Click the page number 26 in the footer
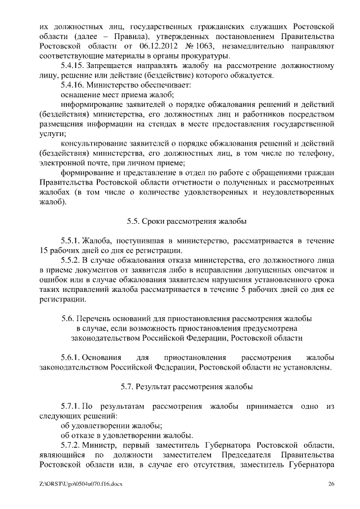tap(331, 484)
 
